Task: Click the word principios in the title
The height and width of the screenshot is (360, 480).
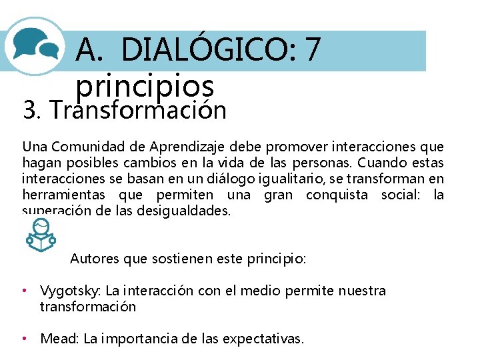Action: point(145,86)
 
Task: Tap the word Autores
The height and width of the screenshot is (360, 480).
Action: point(95,258)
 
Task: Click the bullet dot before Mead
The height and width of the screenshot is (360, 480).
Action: point(25,339)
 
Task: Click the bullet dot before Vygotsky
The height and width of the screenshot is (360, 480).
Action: point(25,291)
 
